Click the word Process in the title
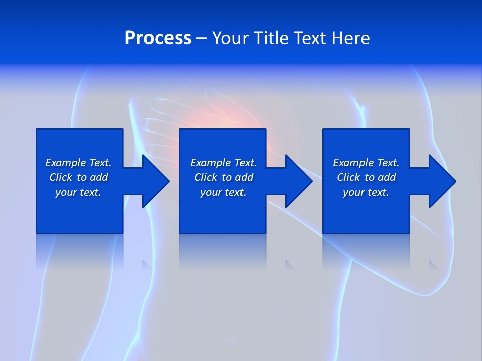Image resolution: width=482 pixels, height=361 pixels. point(158,38)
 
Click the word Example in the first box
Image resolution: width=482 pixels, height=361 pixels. point(66,163)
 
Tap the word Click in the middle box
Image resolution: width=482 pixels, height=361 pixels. point(206,177)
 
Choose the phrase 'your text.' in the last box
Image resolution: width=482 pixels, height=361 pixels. point(366,192)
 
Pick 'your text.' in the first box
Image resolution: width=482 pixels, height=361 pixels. point(78,192)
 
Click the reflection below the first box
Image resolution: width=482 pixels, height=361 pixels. point(79,251)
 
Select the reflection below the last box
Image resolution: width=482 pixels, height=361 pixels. point(366,251)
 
